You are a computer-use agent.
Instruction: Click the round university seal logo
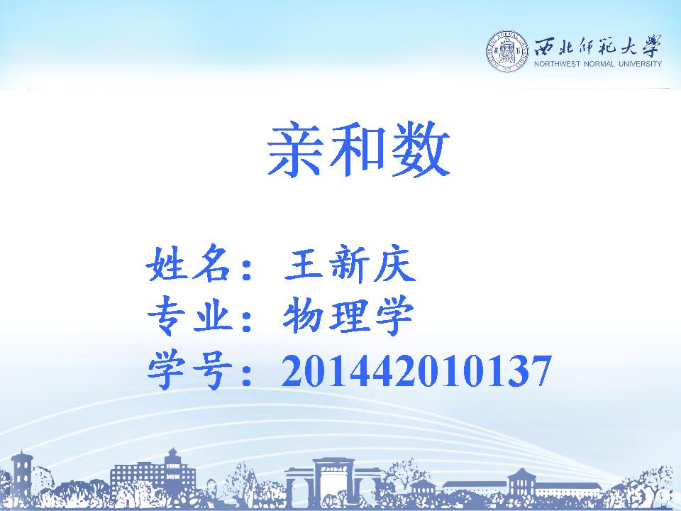(506, 52)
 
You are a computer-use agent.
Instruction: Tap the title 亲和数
(359, 150)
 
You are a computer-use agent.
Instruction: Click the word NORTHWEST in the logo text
(558, 64)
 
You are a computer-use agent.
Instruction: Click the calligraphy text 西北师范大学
(597, 45)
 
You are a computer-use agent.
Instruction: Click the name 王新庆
(350, 264)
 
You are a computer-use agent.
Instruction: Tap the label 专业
(189, 316)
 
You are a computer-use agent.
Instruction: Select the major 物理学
(348, 316)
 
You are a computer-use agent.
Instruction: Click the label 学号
(189, 370)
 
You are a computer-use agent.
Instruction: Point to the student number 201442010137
(416, 370)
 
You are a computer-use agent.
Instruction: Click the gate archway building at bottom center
(333, 481)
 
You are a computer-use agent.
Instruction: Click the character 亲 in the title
(295, 150)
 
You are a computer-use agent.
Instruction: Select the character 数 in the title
(421, 150)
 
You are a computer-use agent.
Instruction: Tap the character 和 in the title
(357, 150)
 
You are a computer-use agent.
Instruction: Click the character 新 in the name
(349, 264)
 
